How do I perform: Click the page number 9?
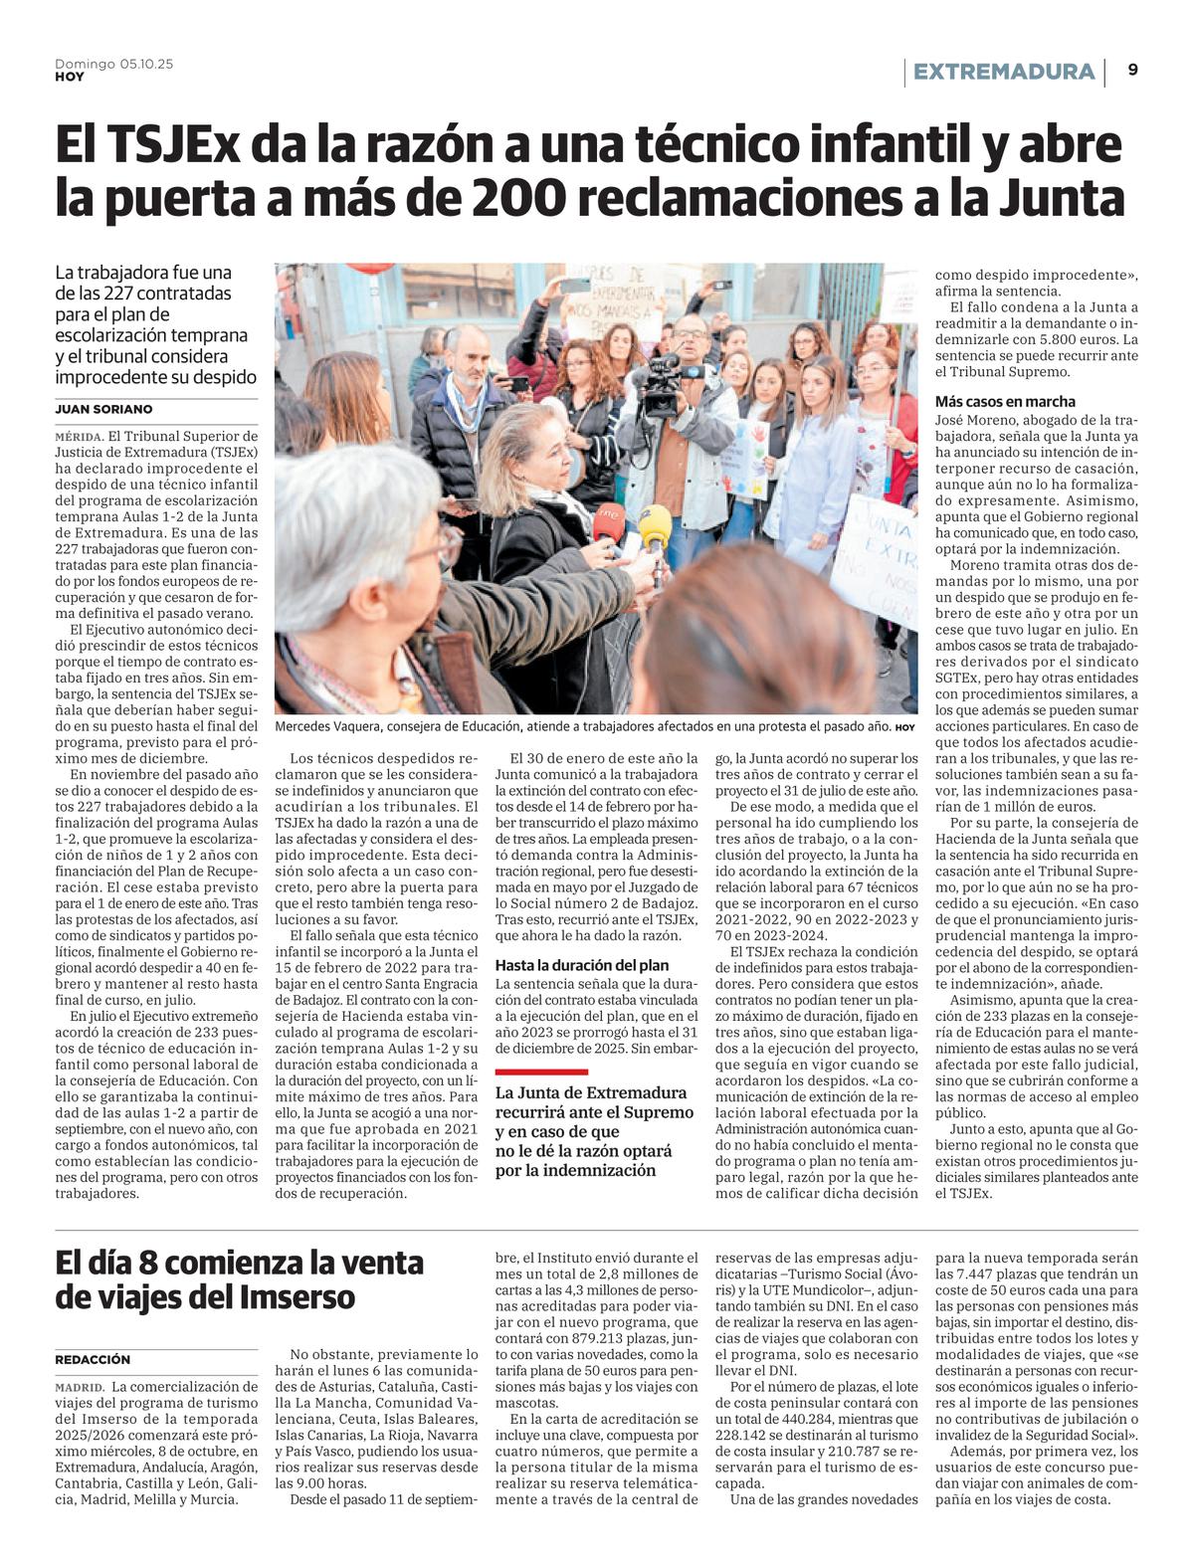pyautogui.click(x=1133, y=70)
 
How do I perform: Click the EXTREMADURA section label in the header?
pyautogui.click(x=1003, y=72)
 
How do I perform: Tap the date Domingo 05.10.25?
pyautogui.click(x=114, y=64)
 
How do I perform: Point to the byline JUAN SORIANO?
pyautogui.click(x=103, y=409)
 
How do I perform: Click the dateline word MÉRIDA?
pyautogui.click(x=80, y=436)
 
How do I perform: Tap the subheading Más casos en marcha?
pyautogui.click(x=1005, y=401)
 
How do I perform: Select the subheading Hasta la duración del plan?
pyautogui.click(x=582, y=965)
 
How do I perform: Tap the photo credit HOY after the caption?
pyautogui.click(x=903, y=728)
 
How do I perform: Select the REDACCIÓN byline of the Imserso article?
pyautogui.click(x=93, y=1359)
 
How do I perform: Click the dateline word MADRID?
pyautogui.click(x=80, y=1387)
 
